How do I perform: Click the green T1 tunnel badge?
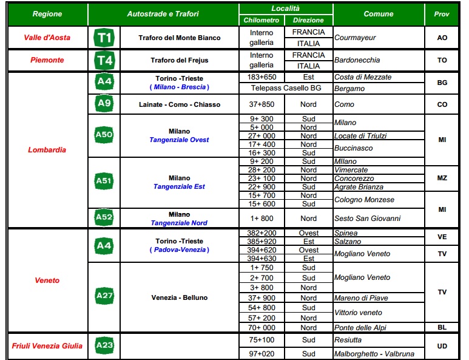coord(104,38)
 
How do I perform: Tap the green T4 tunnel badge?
coord(104,60)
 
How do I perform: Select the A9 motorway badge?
coord(104,103)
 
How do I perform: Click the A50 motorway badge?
coord(104,135)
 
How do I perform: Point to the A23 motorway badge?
coord(104,345)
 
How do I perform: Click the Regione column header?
coord(47,13)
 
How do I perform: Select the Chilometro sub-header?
coord(261,20)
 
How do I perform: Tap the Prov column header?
coord(442,13)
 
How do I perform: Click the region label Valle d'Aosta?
coord(47,38)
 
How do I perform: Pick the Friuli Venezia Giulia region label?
coord(47,346)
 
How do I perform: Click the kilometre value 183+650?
coord(261,77)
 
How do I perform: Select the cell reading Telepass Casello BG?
coord(285,88)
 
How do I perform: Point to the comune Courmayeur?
coord(355,38)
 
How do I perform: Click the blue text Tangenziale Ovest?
coord(179,140)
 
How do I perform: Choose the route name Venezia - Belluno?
coord(179,297)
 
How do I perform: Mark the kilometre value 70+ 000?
coord(261,327)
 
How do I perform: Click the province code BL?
coord(442,327)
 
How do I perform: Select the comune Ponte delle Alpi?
coord(360,327)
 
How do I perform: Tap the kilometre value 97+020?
coord(261,353)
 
